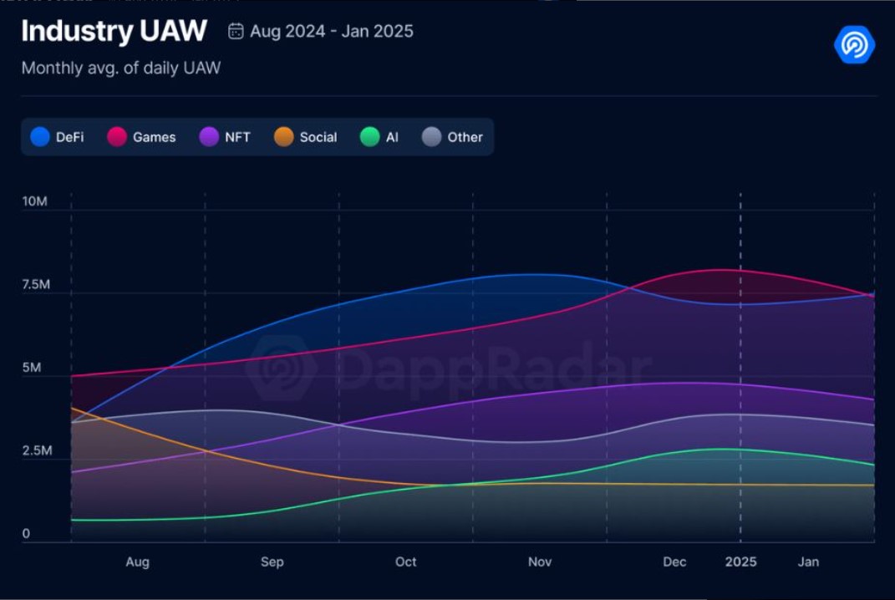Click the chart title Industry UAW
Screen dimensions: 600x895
click(114, 32)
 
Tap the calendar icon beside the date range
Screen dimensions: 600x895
click(236, 32)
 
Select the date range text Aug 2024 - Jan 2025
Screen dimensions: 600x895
click(332, 32)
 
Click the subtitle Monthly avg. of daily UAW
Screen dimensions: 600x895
click(121, 69)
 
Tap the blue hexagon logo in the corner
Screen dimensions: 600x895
click(854, 44)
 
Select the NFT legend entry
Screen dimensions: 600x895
click(225, 137)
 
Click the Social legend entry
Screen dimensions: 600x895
click(306, 137)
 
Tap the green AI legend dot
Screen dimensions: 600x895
click(369, 137)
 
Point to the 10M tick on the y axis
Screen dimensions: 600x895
click(34, 202)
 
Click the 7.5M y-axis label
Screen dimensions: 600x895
click(36, 285)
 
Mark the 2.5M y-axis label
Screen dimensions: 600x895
click(36, 451)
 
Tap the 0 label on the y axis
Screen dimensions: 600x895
click(26, 534)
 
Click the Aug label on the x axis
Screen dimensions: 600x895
click(138, 562)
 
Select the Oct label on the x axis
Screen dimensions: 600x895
click(406, 562)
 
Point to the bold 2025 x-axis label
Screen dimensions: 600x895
click(740, 562)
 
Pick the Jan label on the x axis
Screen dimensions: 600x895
click(808, 562)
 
